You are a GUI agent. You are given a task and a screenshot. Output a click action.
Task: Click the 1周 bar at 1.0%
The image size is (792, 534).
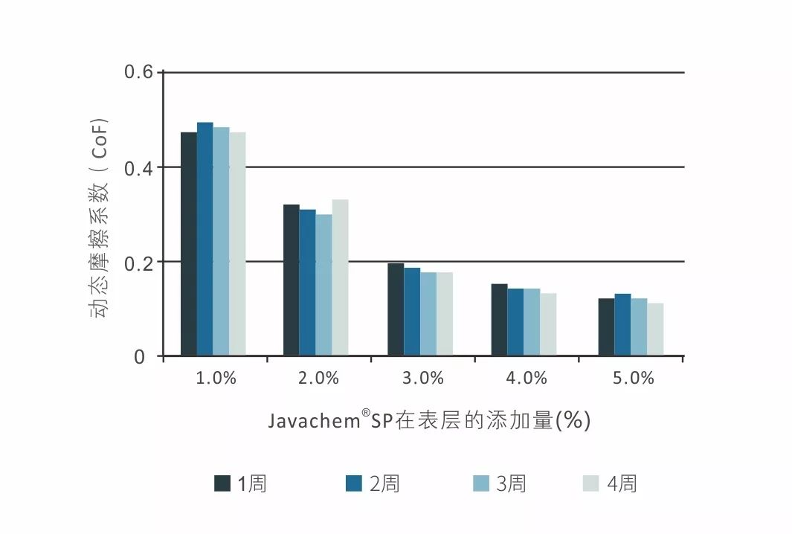pos(189,245)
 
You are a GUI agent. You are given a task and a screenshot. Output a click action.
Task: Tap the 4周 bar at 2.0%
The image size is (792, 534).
pos(340,278)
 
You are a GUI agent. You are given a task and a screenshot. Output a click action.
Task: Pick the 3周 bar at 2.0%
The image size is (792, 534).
pos(323,286)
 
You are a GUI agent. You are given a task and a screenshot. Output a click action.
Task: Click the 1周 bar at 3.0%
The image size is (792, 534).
pos(396,310)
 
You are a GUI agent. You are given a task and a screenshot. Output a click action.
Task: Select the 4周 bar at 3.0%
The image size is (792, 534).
pos(444,315)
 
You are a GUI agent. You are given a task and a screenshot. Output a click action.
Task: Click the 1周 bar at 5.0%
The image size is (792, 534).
pos(606,328)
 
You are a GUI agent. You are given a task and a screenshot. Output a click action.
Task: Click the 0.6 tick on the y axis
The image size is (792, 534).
pos(138,73)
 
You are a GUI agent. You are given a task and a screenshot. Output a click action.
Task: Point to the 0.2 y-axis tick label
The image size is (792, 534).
pos(138,263)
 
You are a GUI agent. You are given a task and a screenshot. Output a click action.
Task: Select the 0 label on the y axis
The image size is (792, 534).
pos(140,358)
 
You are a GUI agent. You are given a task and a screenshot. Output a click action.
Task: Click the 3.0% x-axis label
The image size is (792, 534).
pos(423,379)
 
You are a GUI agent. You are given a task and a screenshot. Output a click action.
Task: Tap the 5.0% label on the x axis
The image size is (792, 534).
pos(633,379)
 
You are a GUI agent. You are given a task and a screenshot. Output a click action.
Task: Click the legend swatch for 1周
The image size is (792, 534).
pos(222,483)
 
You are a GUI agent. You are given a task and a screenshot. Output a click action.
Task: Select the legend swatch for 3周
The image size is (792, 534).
pos(480,483)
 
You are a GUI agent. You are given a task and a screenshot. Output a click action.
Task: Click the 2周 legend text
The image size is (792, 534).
pos(384,484)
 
